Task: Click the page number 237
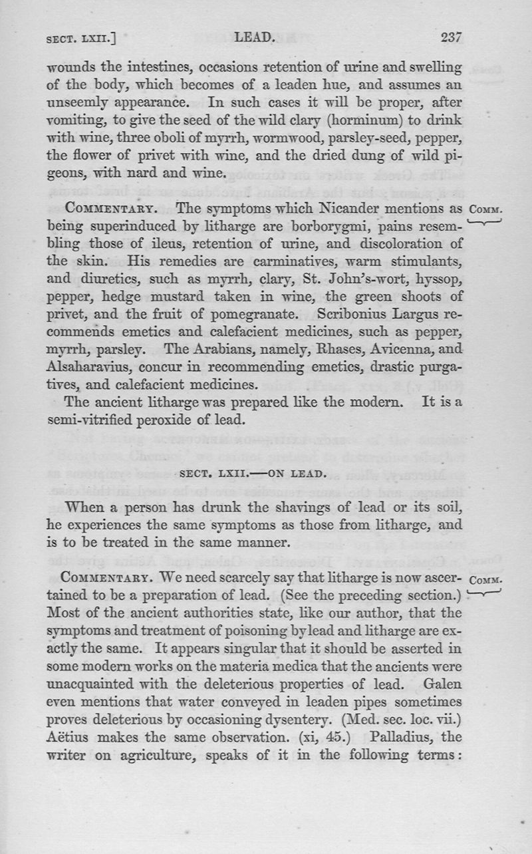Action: [x=451, y=38]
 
